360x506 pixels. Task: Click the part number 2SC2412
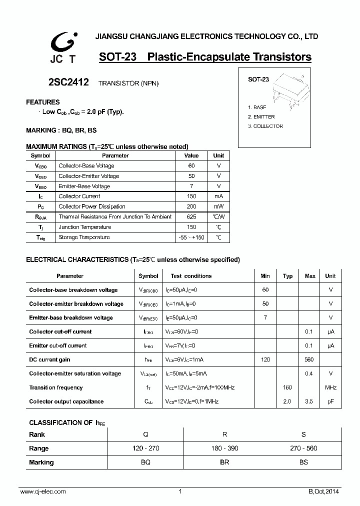click(x=68, y=83)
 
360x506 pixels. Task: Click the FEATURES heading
click(x=42, y=102)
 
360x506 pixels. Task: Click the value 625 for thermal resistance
click(x=191, y=217)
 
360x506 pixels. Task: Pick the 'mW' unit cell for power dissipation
click(x=218, y=206)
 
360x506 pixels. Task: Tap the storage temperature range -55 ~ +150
click(x=191, y=237)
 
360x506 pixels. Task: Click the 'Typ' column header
click(x=287, y=276)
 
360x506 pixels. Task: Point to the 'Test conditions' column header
click(x=191, y=276)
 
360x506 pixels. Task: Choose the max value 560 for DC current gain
click(x=309, y=360)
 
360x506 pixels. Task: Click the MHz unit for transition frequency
click(x=330, y=387)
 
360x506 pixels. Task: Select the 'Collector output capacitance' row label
click(x=66, y=401)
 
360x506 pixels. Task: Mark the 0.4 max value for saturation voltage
click(x=309, y=373)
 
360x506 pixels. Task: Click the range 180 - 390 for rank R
click(x=224, y=448)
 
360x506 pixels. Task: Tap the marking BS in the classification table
click(x=303, y=462)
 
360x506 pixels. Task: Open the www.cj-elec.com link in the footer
click(x=43, y=492)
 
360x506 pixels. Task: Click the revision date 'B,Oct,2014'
click(x=323, y=492)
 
